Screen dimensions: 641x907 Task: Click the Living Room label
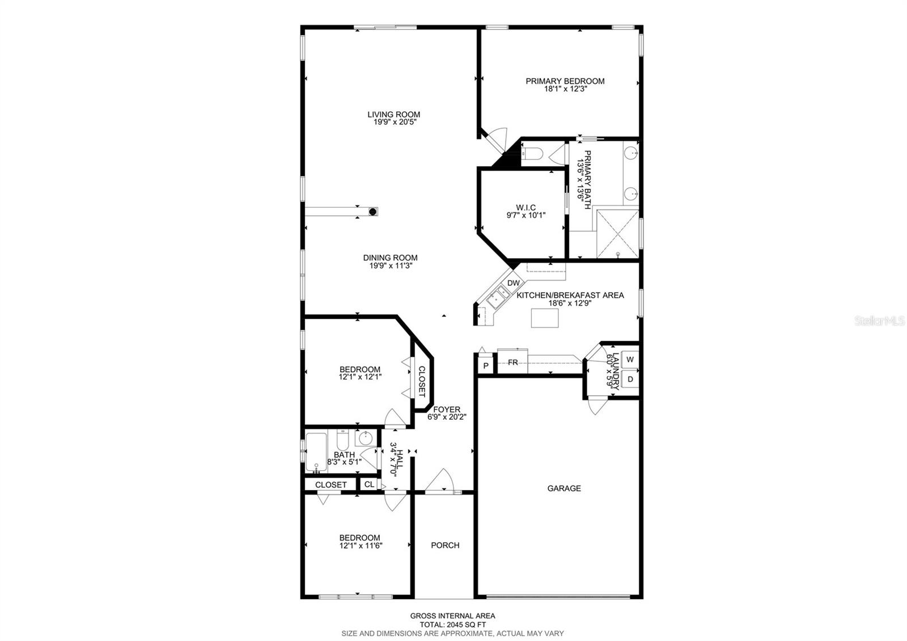point(393,115)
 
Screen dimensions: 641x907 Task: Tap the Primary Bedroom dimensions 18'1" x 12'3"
point(565,89)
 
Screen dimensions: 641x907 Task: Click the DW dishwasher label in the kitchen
point(514,283)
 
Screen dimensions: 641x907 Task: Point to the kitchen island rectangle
point(545,318)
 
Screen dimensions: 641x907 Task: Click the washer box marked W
point(630,360)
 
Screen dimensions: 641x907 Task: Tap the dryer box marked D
point(630,379)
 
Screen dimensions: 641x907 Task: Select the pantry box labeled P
point(486,365)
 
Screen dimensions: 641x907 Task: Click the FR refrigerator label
point(512,362)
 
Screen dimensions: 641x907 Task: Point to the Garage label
point(564,488)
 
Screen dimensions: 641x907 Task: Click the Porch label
point(445,545)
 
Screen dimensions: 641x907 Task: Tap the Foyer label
point(447,410)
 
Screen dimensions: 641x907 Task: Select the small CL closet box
point(369,484)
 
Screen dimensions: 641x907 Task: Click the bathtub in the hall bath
point(316,452)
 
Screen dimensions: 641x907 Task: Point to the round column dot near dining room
point(373,212)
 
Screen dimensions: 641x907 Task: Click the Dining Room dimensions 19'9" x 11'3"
point(390,265)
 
